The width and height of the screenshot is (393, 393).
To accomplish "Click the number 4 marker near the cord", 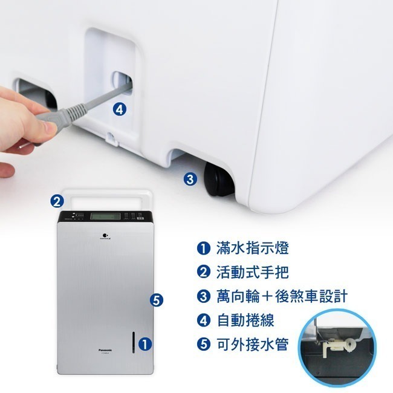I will coord(120,109).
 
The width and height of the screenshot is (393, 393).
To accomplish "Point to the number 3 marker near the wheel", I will coord(189,179).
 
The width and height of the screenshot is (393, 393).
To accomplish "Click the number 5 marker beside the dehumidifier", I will coord(156,299).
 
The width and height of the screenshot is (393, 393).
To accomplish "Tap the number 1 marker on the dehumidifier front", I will coord(144,343).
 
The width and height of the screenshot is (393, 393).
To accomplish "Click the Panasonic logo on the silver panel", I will coord(97,349).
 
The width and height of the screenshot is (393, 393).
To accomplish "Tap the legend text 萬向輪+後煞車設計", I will coord(281,296).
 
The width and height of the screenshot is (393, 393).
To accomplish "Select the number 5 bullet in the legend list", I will coord(203,345).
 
